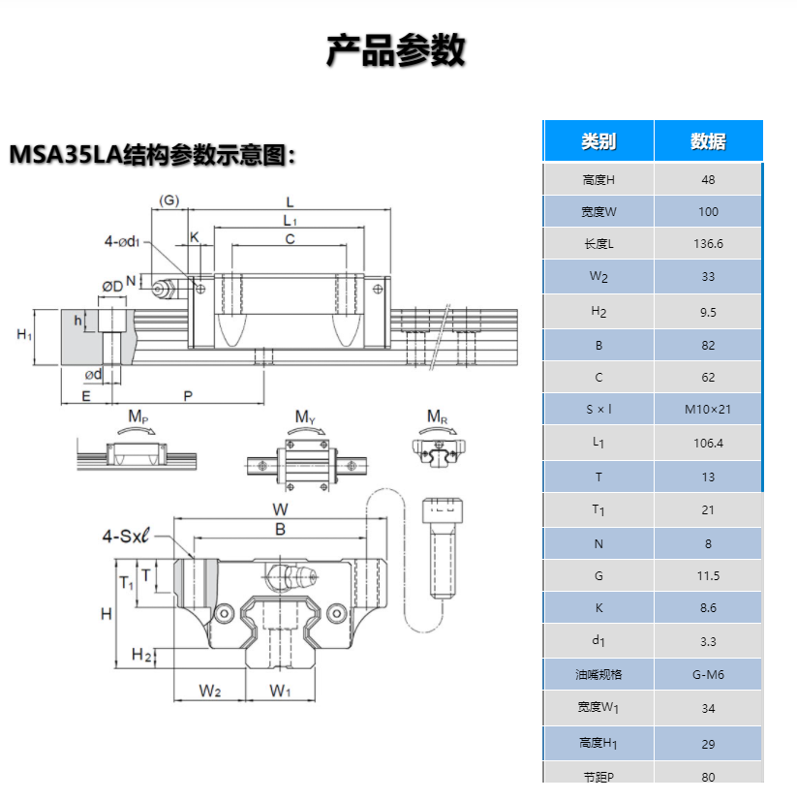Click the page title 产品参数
(396, 50)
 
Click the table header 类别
(598, 141)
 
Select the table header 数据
(708, 141)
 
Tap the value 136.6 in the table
(708, 244)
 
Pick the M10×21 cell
(708, 410)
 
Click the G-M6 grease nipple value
(708, 674)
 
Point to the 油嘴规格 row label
(598, 674)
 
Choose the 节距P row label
(598, 776)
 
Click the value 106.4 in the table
(708, 443)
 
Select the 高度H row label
(598, 179)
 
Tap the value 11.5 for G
(708, 575)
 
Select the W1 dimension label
(280, 691)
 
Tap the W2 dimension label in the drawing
(210, 691)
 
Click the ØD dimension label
(112, 286)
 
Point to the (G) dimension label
(169, 200)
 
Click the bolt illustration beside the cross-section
(444, 548)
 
